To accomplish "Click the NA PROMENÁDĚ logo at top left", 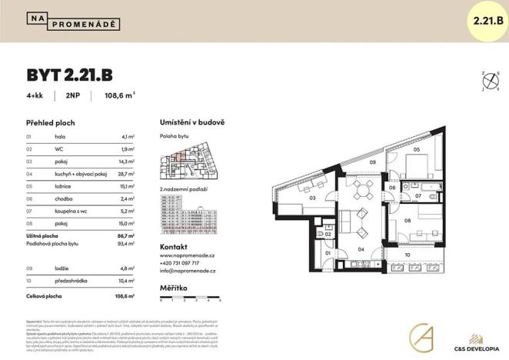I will pos(73,21).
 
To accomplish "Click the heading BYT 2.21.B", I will pos(70,75).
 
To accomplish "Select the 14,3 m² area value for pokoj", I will pos(127,162).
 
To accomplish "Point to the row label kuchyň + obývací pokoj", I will pos(80,174).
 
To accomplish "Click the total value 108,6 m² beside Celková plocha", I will pos(125,295).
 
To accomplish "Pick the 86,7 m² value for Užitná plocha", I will pos(126,235).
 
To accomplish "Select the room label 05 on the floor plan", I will pos(417,149).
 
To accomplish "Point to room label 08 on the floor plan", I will pos(408,221).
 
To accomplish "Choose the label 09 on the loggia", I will pos(372,163).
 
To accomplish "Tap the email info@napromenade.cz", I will pos(188,271).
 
